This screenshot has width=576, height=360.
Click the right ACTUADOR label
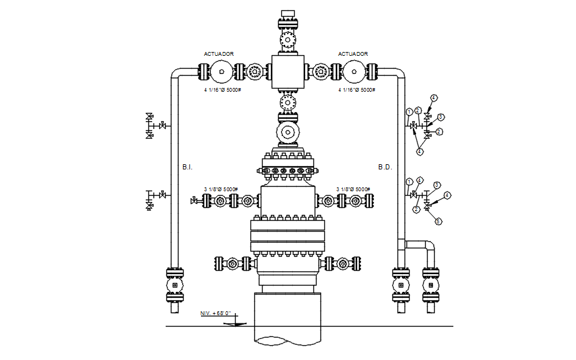[353, 55]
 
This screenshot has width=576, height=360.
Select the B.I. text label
[187, 167]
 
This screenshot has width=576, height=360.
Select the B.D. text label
[385, 167]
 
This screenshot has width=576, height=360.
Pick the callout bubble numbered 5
[439, 221]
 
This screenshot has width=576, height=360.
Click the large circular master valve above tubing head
[287, 132]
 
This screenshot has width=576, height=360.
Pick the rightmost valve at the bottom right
[431, 284]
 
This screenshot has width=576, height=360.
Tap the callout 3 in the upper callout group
[441, 117]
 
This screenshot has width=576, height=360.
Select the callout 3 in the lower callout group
[437, 185]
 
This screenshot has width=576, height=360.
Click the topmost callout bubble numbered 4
[433, 98]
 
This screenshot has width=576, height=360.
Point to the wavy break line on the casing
[287, 339]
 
